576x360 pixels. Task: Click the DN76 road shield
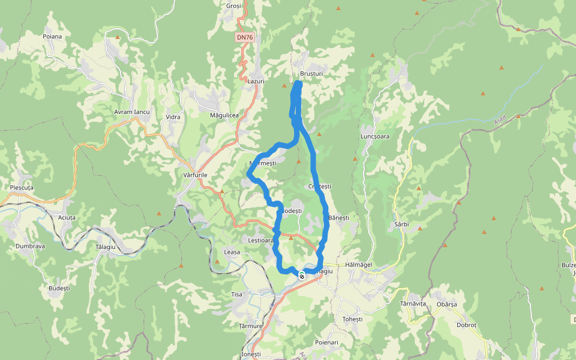point(245,37)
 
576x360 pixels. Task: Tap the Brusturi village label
point(311,73)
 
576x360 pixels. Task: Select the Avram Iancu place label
point(131,112)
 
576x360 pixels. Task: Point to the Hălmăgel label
point(359,265)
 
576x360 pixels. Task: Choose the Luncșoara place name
point(375,136)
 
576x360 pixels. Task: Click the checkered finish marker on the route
point(301,275)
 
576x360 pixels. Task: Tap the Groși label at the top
point(233,5)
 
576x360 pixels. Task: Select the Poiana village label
point(52,36)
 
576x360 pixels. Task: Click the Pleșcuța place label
point(22,187)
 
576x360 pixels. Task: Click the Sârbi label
point(401,224)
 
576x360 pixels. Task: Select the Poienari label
point(326,342)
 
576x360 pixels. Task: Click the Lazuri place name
point(256,80)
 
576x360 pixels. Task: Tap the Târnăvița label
point(413,304)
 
